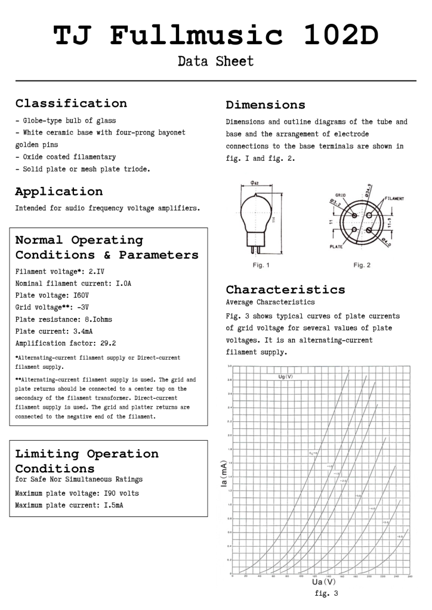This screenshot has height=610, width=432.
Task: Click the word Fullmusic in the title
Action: pyautogui.click(x=196, y=36)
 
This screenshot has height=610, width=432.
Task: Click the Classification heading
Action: pyautogui.click(x=71, y=104)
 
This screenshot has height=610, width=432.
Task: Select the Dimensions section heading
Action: pyautogui.click(x=266, y=105)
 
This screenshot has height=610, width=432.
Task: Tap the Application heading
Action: pyautogui.click(x=58, y=192)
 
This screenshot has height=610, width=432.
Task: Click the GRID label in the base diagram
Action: pyautogui.click(x=341, y=195)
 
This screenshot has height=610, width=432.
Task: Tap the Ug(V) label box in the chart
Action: pyautogui.click(x=286, y=376)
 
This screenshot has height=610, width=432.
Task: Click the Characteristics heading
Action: pyautogui.click(x=285, y=290)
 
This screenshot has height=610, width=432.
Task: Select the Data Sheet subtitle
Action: pyautogui.click(x=215, y=61)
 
